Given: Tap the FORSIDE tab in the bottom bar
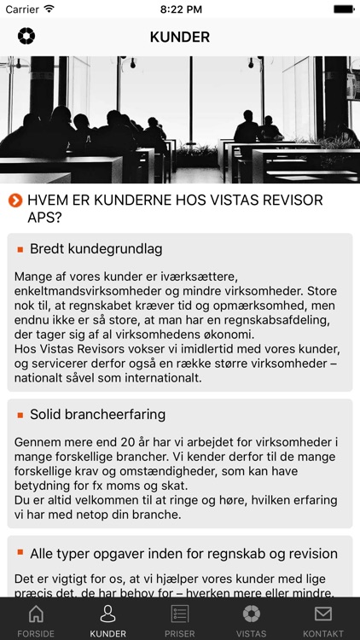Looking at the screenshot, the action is pyautogui.click(x=36, y=620).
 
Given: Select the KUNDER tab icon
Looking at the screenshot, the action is pyautogui.click(x=107, y=620).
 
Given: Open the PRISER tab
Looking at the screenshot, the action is pyautogui.click(x=179, y=620).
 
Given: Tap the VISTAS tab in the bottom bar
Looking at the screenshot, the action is pyautogui.click(x=251, y=620).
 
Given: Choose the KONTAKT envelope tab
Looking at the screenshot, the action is pyautogui.click(x=322, y=620).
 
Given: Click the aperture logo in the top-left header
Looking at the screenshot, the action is pyautogui.click(x=26, y=37).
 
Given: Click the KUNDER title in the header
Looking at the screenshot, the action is pyautogui.click(x=180, y=38).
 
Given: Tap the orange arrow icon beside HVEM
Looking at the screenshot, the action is pyautogui.click(x=15, y=201).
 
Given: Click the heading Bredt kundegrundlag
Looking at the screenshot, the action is pyautogui.click(x=96, y=249).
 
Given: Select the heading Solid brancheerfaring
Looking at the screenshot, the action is pyautogui.click(x=97, y=415).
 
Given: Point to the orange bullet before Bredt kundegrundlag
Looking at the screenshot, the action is pyautogui.click(x=20, y=249).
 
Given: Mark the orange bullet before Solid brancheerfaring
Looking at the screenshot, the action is pyautogui.click(x=20, y=415).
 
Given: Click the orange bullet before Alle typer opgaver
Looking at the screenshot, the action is pyautogui.click(x=20, y=553).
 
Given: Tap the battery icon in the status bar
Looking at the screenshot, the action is pyautogui.click(x=344, y=9).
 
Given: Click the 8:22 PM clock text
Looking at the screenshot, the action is pyautogui.click(x=180, y=9).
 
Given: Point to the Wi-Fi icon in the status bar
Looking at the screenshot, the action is pyautogui.click(x=49, y=9).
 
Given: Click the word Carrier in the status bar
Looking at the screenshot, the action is pyautogui.click(x=22, y=9).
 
